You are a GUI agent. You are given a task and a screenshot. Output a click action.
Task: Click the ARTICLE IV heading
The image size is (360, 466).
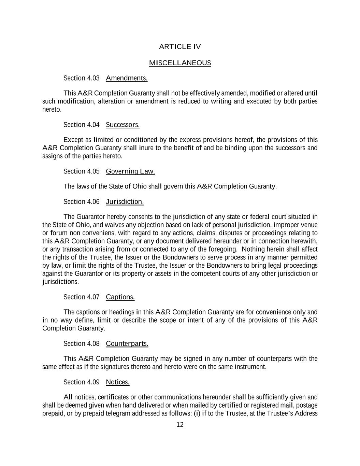[x=180, y=47]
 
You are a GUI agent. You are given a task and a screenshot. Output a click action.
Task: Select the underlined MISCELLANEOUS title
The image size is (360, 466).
[x=180, y=63]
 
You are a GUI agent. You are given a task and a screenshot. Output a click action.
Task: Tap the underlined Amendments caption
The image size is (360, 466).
[x=127, y=79]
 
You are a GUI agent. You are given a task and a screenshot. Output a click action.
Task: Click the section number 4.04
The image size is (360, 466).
[x=93, y=125]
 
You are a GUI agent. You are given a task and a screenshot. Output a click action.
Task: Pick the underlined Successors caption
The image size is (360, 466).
[x=123, y=125]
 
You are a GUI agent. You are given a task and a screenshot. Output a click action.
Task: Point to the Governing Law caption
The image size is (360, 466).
[x=130, y=171]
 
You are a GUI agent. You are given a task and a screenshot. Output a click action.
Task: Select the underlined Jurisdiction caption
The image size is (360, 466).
[x=125, y=202]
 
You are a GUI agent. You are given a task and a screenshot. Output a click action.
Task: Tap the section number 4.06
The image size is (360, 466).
[x=93, y=202]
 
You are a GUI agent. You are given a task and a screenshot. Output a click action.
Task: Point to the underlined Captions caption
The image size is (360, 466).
[x=120, y=297]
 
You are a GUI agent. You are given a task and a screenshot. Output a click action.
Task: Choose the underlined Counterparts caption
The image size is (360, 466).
[x=127, y=343]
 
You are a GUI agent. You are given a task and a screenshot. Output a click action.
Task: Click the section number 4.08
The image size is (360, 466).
[x=93, y=343]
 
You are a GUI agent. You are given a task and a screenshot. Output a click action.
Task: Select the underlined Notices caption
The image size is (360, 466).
[x=118, y=382]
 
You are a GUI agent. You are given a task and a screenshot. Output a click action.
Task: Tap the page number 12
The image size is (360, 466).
[x=180, y=425]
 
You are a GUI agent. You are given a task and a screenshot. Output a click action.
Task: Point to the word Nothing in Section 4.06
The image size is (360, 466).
[x=253, y=249]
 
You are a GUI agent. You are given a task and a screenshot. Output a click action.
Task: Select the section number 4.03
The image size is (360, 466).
[x=93, y=79]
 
